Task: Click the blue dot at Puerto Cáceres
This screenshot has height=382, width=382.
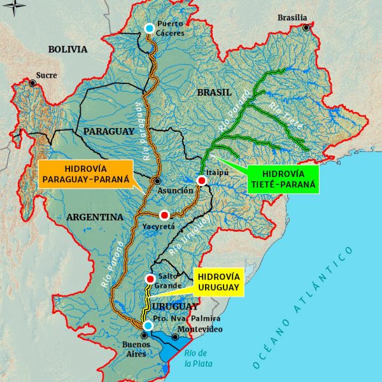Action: (x=149, y=28)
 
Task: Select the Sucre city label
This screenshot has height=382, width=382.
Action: (x=46, y=75)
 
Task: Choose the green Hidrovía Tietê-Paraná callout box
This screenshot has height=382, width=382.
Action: (x=279, y=179)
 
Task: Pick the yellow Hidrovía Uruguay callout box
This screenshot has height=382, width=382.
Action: (x=218, y=283)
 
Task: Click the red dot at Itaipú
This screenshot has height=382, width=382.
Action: (x=202, y=181)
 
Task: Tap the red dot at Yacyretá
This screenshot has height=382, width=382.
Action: (x=165, y=215)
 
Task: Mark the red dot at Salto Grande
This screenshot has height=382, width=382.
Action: (x=150, y=279)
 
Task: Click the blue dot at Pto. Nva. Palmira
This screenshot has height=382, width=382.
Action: (x=148, y=326)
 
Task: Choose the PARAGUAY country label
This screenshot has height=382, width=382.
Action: (x=108, y=131)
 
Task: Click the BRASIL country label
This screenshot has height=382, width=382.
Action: (x=214, y=92)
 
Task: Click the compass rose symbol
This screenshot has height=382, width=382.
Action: (x=17, y=9)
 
